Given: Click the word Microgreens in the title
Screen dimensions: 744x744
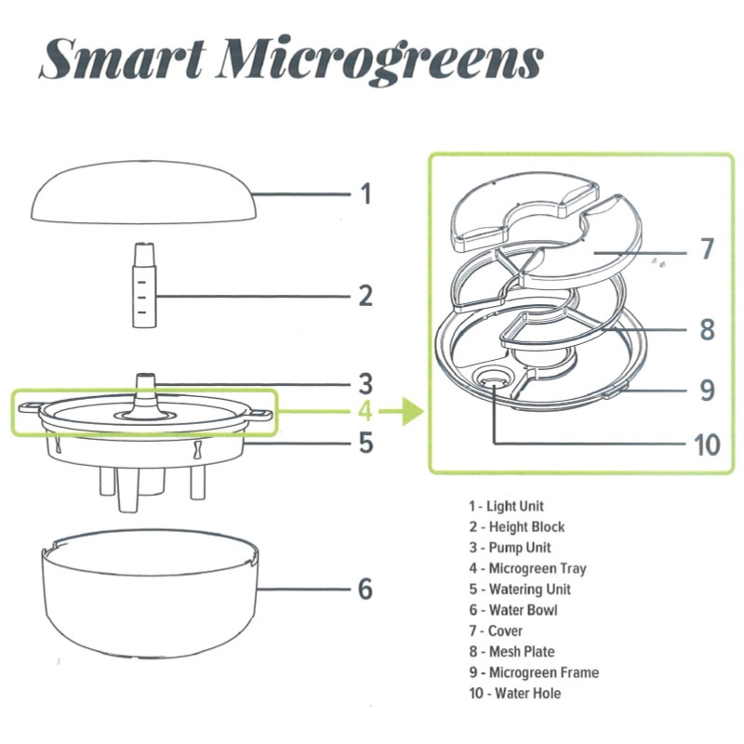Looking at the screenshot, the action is coord(379,60).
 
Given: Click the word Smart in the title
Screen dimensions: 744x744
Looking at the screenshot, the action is coord(124,59).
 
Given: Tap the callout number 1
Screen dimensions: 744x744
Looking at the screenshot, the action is coord(365,194).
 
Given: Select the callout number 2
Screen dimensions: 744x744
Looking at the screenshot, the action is coord(365,296).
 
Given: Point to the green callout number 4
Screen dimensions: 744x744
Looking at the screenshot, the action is coord(365,411).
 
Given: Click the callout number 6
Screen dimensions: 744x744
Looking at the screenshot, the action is coord(365,589).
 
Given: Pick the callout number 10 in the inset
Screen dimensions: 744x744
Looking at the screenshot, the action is coord(707,445).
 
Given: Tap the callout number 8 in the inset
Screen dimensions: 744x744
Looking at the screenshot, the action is coord(707,329).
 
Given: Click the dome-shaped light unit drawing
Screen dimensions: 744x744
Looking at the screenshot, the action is coord(144,193).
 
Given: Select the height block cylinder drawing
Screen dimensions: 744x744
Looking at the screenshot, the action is coord(144,286).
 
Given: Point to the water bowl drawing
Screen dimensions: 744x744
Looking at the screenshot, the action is coord(151,593).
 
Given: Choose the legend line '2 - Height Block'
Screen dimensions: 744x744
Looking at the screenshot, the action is coord(517,526).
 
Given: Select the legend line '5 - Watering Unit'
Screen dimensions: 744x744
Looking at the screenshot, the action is coord(520,590).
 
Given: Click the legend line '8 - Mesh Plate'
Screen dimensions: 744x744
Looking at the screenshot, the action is coord(511,652).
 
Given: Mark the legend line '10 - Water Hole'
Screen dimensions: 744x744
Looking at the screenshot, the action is coord(515,693).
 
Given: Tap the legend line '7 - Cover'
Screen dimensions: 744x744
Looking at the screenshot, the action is coord(496,631).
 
